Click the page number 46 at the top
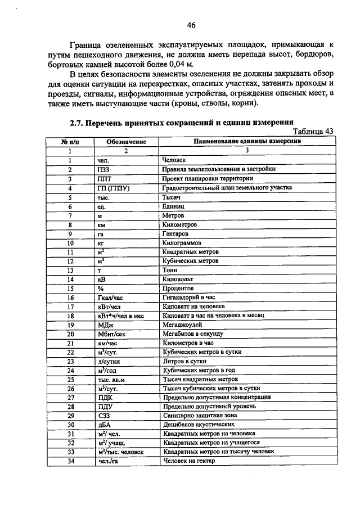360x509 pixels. (191, 25)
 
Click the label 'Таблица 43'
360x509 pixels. (313, 131)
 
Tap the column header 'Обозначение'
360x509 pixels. (126, 142)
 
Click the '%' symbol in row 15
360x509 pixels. (100, 287)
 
